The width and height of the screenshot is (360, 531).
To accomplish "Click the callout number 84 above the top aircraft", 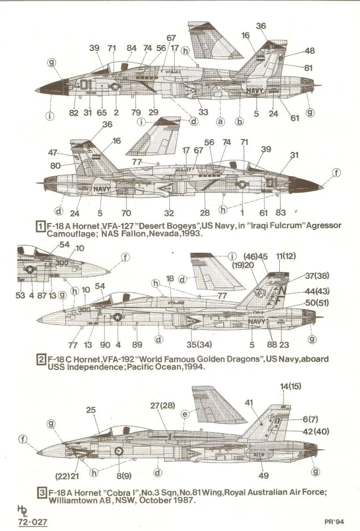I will pos(132,48).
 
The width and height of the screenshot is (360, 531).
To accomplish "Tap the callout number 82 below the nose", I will pos(73,113).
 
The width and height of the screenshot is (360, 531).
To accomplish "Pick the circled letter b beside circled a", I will pos(239,122).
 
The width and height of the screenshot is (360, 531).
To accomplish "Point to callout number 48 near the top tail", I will pos(310,51).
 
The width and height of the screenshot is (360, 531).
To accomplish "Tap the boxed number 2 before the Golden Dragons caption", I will pos(39,359).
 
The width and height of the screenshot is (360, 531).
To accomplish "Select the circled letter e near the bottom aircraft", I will pos(185,413).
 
